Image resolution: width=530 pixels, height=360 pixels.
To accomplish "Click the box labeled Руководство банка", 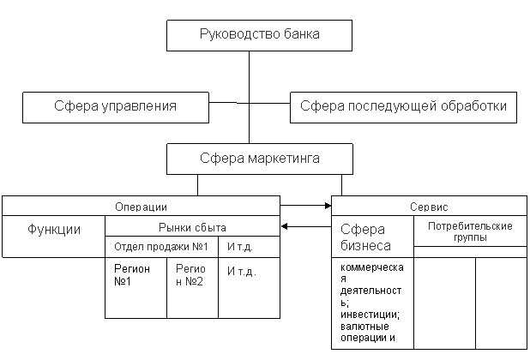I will tap(259, 36).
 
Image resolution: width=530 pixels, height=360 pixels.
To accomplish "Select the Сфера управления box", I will tap(116, 107).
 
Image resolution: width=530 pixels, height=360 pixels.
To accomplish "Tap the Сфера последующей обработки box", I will tap(404, 107).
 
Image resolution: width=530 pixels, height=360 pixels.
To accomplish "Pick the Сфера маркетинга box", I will tap(259, 159).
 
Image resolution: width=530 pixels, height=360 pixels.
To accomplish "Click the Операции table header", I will tap(141, 207).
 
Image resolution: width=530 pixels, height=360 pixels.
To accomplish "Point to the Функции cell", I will tap(54, 230).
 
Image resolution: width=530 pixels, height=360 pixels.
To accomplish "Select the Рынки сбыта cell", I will tap(192, 226).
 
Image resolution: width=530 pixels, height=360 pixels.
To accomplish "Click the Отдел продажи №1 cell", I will tap(162, 247).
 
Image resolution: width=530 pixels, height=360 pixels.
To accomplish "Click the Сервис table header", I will tap(429, 207).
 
